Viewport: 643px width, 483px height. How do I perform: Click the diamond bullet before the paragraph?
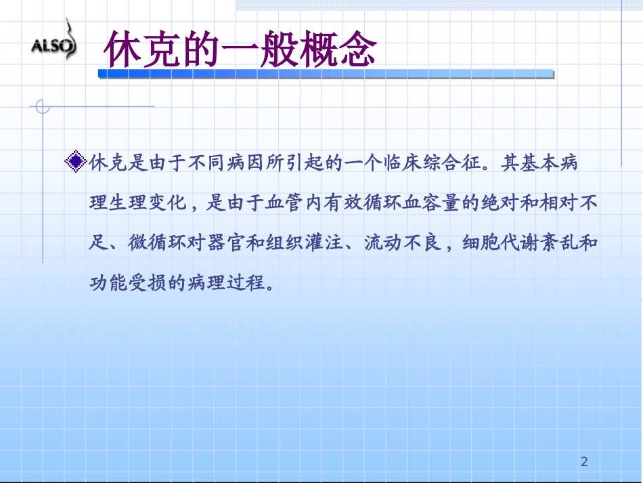(x=76, y=162)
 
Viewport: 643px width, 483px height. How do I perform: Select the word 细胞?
(x=482, y=242)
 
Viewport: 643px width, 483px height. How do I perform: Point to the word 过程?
(x=246, y=281)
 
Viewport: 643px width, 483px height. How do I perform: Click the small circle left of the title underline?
(x=43, y=106)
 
